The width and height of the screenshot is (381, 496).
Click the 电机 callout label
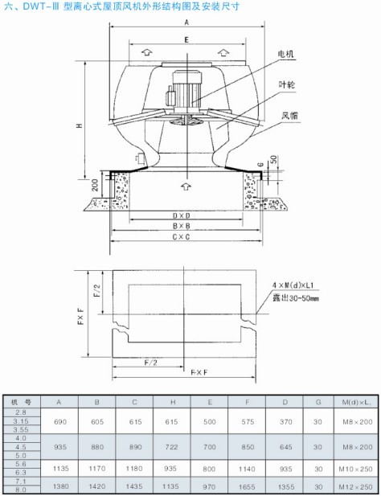click(x=285, y=54)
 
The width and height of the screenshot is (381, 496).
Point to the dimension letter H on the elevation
click(x=78, y=125)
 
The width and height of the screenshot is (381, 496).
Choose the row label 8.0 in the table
click(x=21, y=490)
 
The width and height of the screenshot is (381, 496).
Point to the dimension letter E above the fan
click(x=186, y=39)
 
